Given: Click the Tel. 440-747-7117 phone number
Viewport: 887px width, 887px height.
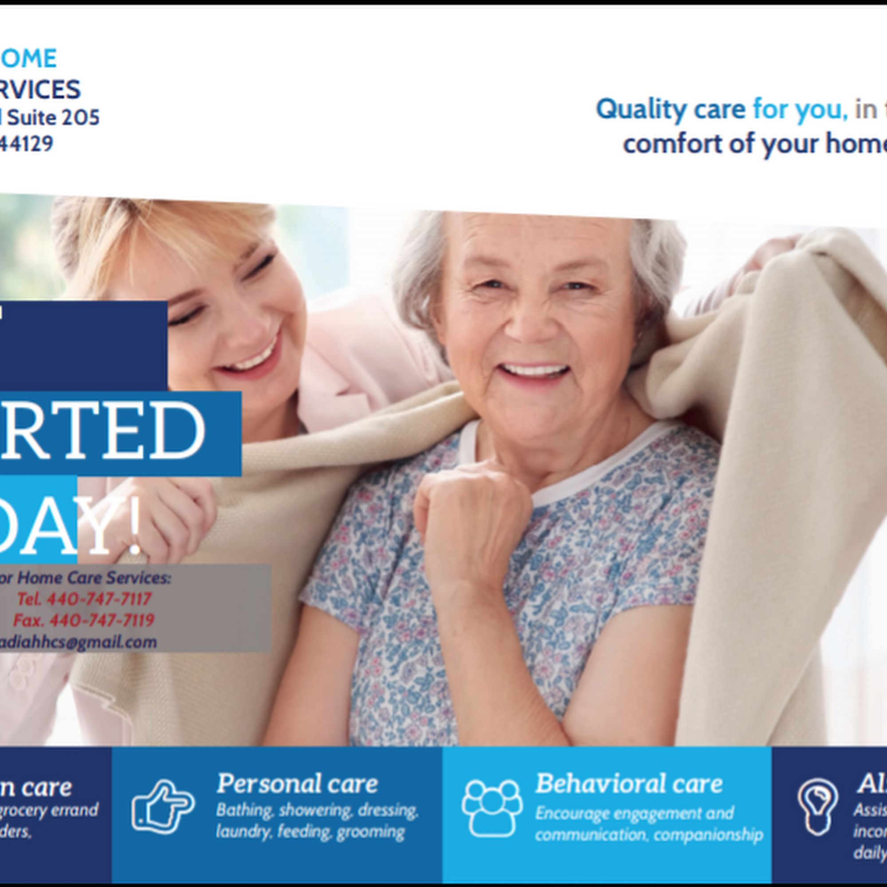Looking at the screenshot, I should (x=84, y=599).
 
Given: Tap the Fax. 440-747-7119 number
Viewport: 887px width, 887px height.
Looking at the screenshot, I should (x=83, y=620).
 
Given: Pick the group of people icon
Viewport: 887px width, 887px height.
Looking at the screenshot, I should (x=491, y=808).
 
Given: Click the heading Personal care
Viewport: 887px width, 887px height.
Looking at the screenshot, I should (x=297, y=784).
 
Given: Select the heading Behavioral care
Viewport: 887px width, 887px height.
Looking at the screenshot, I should (x=629, y=783).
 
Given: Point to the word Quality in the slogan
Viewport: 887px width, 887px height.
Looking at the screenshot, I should (x=641, y=109).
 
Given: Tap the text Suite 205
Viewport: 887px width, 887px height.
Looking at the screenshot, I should (x=53, y=118).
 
